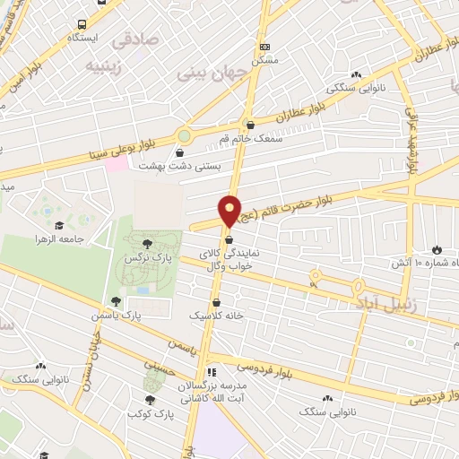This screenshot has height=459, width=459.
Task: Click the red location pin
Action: coord(230,211)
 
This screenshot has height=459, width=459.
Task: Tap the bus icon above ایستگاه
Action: coord(82,25)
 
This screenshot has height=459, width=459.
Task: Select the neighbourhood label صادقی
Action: coord(134,40)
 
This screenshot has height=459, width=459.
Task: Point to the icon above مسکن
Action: coord(264,46)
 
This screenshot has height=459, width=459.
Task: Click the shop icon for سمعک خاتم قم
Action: coord(249,126)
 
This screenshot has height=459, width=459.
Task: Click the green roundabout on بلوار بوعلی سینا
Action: coord(184,136)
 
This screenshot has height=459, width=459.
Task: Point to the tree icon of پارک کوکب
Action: coord(149,400)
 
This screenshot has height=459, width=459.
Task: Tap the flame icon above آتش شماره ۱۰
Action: coord(437,248)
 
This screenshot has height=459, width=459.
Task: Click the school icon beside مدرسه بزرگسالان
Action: coord(212,372)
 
